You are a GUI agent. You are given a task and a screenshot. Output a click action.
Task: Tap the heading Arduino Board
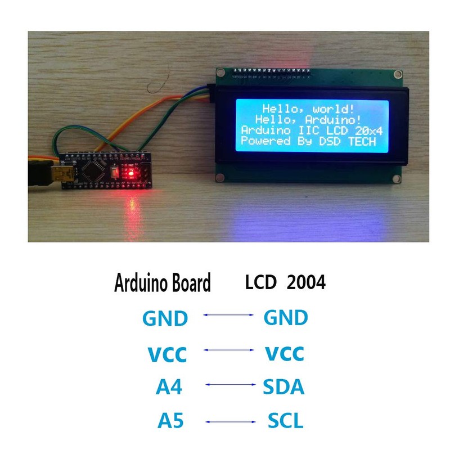(163, 282)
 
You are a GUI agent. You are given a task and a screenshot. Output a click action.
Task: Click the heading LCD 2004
(285, 282)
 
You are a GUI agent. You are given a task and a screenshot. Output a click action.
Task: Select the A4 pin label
(169, 388)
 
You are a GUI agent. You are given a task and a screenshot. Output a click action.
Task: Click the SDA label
(283, 388)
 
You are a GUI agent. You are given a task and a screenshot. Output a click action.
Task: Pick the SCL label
(285, 421)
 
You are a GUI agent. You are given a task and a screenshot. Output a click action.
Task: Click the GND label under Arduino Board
(164, 319)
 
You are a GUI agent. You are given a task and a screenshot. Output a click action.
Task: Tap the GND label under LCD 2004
(286, 318)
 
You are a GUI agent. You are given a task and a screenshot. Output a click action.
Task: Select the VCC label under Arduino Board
(166, 355)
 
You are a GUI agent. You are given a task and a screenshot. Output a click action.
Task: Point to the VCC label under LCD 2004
(284, 354)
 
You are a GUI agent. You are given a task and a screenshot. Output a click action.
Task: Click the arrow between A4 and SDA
(231, 385)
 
